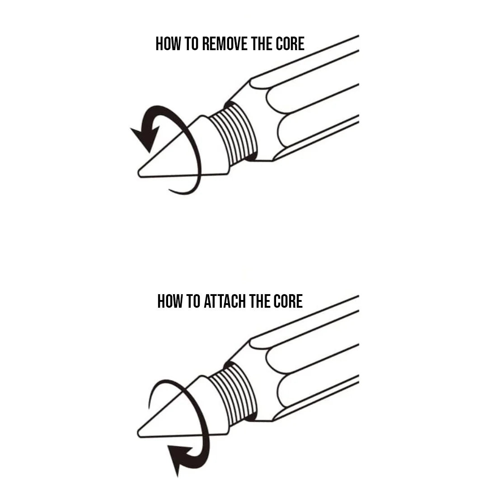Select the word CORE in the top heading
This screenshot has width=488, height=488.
coord(290,43)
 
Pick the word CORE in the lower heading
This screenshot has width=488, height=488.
coord(288,301)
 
